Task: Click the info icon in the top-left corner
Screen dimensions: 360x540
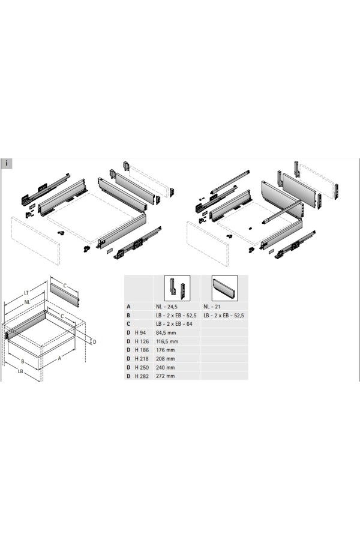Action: [7, 164]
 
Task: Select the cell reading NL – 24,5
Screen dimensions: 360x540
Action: [167, 307]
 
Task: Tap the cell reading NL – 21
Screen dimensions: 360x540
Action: [212, 307]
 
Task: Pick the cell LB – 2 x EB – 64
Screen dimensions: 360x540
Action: [174, 324]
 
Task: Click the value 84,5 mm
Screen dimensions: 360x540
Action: [166, 332]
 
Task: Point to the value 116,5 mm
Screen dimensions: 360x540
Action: [167, 341]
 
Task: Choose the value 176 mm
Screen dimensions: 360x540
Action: [166, 350]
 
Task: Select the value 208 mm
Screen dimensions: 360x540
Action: [166, 359]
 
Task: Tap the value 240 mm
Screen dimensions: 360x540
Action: [166, 367]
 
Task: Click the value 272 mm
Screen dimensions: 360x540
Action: [166, 376]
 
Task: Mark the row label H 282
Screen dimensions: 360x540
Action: [142, 376]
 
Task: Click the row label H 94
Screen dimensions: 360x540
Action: [140, 332]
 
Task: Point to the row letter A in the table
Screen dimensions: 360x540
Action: [128, 307]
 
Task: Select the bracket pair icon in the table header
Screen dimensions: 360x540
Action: [177, 288]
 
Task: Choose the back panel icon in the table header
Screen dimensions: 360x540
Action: [224, 288]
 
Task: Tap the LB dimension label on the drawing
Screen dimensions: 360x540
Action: [20, 371]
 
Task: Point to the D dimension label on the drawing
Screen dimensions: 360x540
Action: [94, 341]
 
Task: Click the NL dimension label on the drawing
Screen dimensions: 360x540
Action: [27, 302]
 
